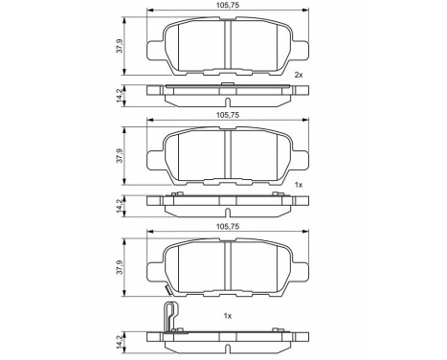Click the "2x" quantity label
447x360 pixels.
[299, 75]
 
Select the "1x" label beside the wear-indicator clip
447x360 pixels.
[229, 315]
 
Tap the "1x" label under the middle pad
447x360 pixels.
[299, 184]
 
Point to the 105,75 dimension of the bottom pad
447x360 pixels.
[228, 226]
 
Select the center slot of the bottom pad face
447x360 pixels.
[228, 264]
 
